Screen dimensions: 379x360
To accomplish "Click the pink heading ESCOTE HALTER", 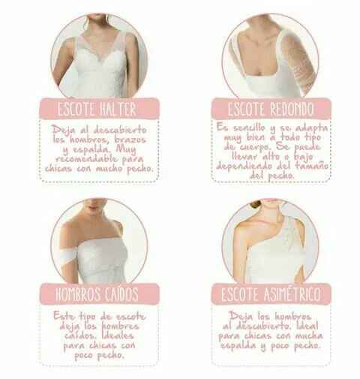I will [97, 108].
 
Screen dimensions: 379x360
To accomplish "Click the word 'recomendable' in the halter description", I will [86, 159].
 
